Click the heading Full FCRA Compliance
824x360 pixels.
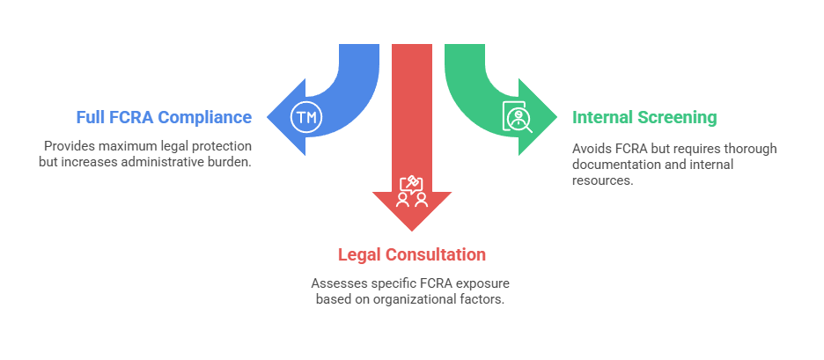click(164, 117)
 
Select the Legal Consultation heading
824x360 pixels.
click(411, 255)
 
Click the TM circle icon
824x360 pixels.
click(306, 117)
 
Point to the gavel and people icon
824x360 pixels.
click(411, 190)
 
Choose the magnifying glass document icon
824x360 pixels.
click(517, 117)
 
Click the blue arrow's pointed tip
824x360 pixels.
click(268, 117)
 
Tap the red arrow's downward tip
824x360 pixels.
click(411, 231)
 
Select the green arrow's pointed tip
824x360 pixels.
click(556, 117)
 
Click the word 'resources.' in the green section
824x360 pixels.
click(602, 180)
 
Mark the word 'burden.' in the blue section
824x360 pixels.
click(229, 163)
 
